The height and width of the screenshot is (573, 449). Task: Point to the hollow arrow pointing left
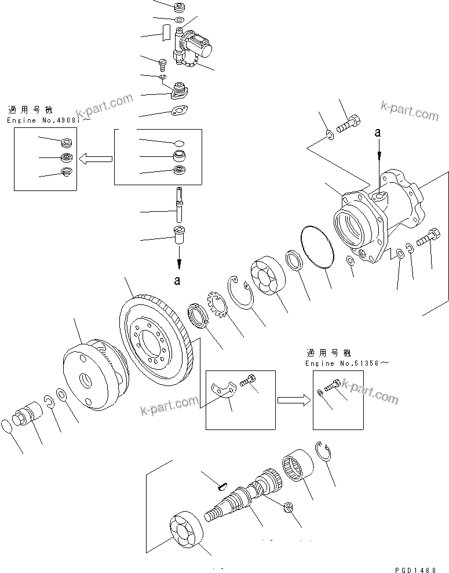(x=96, y=157)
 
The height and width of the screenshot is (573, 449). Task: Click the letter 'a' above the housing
(x=378, y=133)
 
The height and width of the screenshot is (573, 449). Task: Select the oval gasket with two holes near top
(x=179, y=110)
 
